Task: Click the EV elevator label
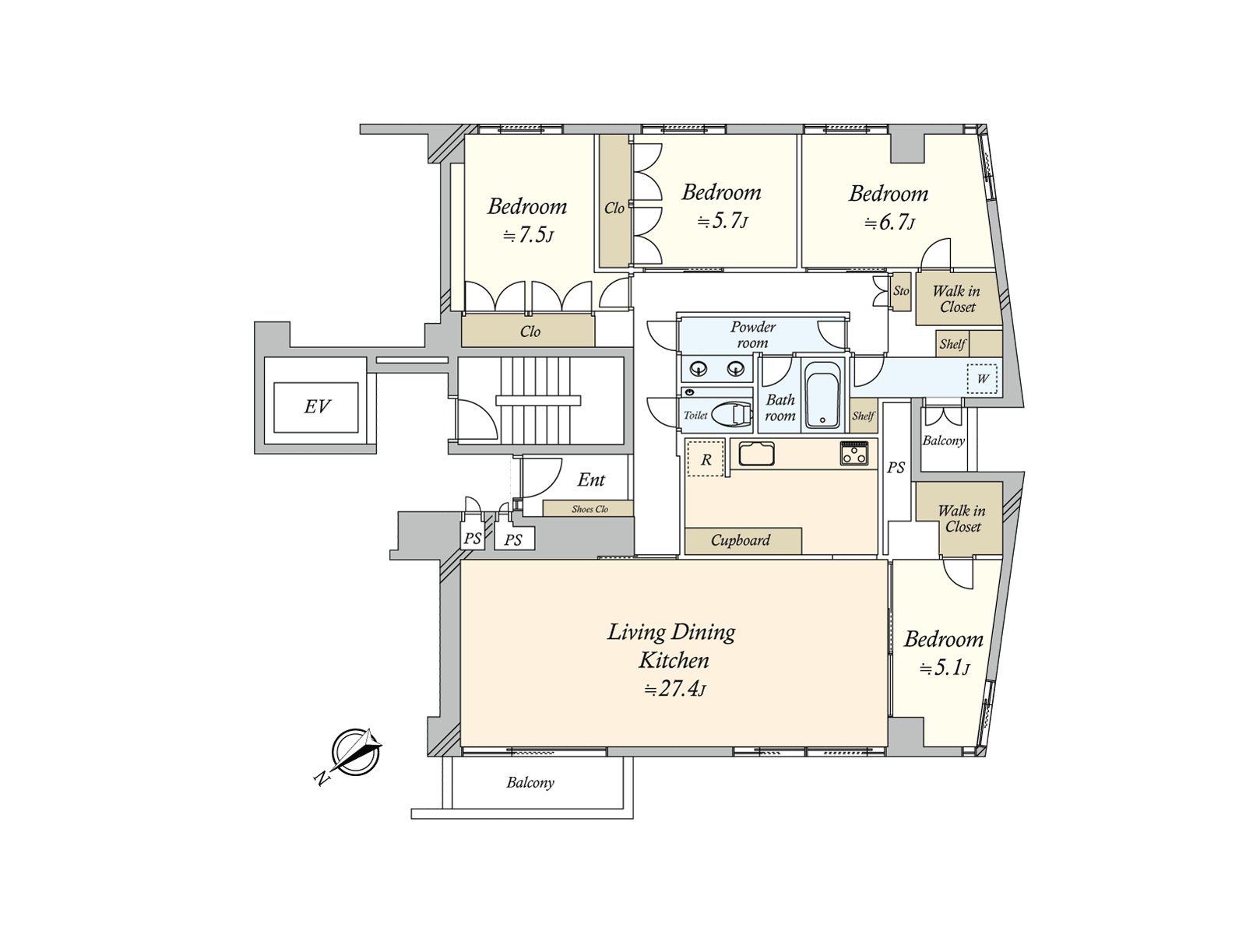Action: point(317,406)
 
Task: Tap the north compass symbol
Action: point(355,753)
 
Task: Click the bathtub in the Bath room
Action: point(822,395)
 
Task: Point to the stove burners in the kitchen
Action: point(854,453)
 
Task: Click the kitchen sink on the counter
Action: point(756,454)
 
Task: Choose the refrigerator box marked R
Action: point(706,458)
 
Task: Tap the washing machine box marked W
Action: point(983,378)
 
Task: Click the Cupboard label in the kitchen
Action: point(741,540)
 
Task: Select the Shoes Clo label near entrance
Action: point(590,509)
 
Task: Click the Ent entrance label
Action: point(591,479)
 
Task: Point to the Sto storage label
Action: point(901,291)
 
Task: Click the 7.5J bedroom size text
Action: point(528,235)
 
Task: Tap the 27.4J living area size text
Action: point(675,690)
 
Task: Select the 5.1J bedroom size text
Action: point(943,669)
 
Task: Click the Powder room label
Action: point(753,335)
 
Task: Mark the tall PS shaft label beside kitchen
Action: point(896,468)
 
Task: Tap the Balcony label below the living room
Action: point(530,783)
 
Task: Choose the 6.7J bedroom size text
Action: point(889,223)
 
